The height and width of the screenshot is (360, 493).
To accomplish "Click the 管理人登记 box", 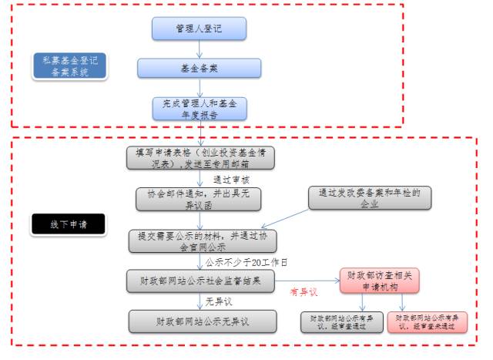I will click(199, 29).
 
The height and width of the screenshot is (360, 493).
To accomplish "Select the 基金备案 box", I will click(199, 68).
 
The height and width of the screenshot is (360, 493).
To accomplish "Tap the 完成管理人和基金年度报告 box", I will click(199, 109).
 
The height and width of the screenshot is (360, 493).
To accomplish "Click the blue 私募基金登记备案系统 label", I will click(71, 67).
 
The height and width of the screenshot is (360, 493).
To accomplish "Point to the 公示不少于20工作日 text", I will click(246, 261).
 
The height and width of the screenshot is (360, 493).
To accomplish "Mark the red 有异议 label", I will click(304, 292).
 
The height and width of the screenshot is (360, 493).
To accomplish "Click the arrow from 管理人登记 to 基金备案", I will click(199, 49).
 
